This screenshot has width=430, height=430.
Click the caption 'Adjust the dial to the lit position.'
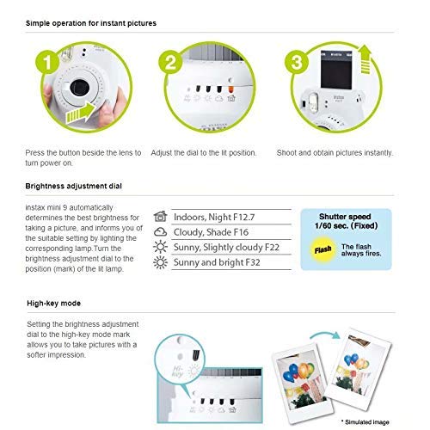(203, 152)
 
